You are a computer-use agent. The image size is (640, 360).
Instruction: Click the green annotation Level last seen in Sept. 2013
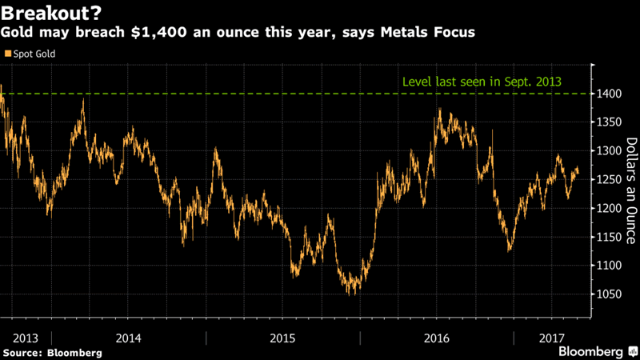(480, 82)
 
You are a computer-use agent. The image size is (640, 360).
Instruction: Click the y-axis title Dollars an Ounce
(630, 190)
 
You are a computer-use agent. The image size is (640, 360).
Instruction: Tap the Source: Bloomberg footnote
(52, 352)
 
